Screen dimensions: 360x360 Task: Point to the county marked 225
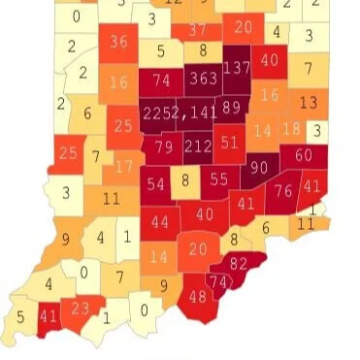tap(155, 113)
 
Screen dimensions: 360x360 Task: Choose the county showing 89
tap(232, 108)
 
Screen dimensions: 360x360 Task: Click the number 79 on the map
tap(164, 147)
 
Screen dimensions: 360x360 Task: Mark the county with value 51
tap(230, 142)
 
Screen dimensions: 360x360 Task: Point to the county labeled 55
tap(219, 180)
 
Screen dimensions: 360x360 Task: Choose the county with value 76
tap(284, 191)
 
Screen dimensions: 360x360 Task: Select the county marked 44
tap(160, 222)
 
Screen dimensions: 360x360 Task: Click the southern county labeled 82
tap(239, 263)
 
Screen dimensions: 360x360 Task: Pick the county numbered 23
tap(82, 308)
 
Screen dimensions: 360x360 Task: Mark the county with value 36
tap(119, 43)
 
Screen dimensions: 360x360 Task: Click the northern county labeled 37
tap(198, 31)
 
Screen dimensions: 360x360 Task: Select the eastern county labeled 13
tap(309, 102)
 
